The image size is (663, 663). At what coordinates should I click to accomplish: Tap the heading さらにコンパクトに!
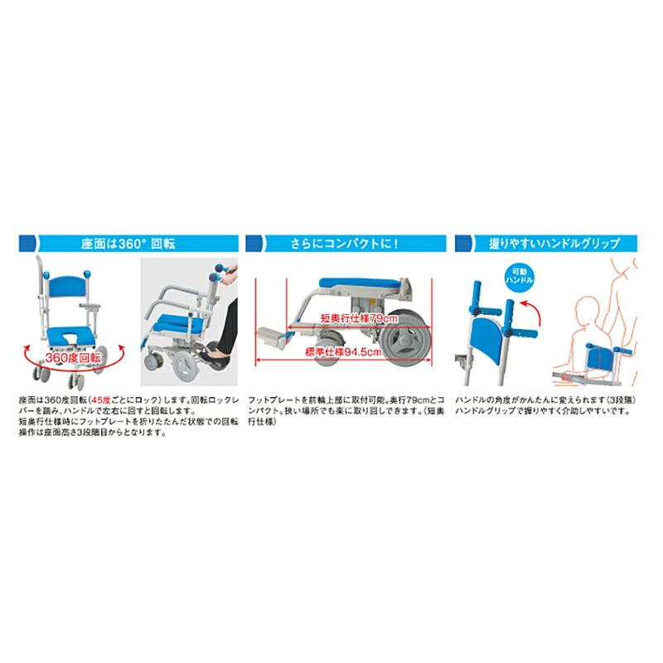[344, 244]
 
